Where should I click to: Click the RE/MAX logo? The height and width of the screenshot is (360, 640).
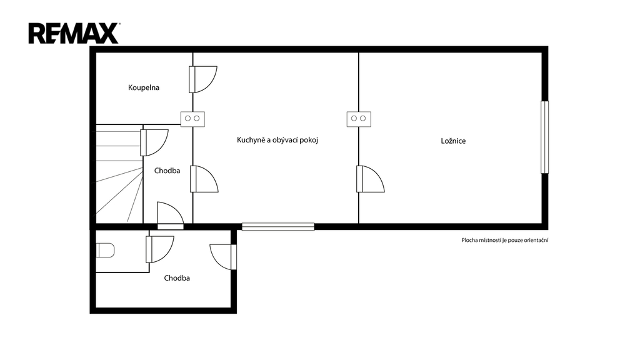point(74,34)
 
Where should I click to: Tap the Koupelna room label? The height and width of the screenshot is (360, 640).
point(144,87)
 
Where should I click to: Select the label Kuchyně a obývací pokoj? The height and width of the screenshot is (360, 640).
point(277,140)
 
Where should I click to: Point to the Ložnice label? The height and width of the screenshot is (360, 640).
point(453,141)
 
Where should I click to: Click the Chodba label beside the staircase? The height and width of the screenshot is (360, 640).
point(167,171)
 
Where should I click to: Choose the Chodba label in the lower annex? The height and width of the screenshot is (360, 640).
point(177,278)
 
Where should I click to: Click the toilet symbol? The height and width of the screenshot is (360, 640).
point(105,250)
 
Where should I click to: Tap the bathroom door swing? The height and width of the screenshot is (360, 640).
point(203,79)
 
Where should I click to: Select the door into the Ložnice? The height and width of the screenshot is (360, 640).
point(371,179)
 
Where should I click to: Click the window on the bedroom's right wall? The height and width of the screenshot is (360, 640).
point(544,137)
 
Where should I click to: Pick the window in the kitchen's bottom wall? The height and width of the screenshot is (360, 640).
point(278,226)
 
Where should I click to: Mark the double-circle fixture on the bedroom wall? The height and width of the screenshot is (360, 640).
point(359,119)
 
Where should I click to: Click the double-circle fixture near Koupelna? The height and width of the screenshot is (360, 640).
point(192,119)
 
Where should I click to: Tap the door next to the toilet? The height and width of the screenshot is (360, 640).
point(160,249)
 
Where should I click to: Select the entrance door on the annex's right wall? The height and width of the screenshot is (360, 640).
point(223,257)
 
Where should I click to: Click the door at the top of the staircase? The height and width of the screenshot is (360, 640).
point(154,142)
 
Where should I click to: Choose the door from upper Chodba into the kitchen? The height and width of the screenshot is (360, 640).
point(204,179)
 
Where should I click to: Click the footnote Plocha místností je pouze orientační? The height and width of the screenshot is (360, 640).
point(505,241)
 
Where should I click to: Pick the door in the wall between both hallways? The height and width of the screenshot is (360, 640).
point(171,216)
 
